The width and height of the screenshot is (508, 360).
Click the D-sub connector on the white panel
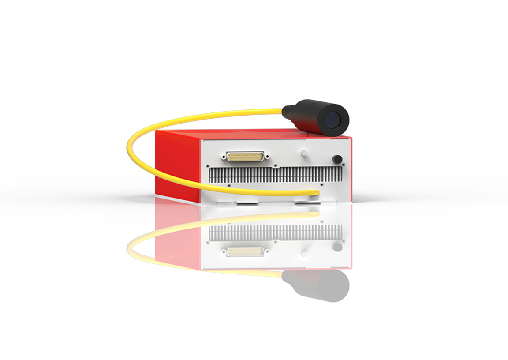245,156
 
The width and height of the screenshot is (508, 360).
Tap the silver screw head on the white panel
303,153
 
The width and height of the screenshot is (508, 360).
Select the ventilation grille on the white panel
276,175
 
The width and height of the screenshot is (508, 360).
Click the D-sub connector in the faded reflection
245,251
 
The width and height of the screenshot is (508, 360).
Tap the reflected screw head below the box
303,254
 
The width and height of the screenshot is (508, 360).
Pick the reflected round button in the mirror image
337,246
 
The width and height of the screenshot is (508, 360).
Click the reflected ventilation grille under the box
276,232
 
